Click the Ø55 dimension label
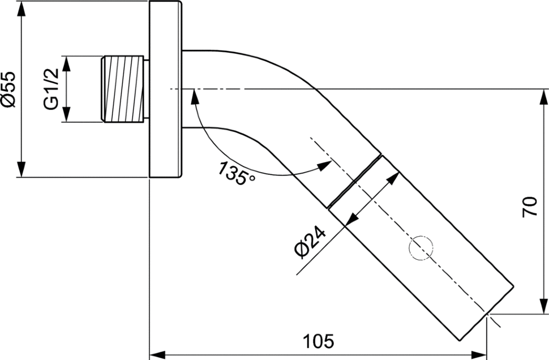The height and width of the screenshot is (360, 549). coord(8,89)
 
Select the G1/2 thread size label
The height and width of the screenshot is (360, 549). coord(51,89)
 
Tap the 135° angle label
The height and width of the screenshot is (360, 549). coord(236,173)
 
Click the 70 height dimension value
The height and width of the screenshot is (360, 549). coord(530,207)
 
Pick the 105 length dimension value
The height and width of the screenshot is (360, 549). coord(318,341)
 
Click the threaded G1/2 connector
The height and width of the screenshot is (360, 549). coord(123,89)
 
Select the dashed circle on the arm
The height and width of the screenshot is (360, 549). coord(421,248)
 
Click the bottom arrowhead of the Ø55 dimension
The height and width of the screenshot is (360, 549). coord(22,169)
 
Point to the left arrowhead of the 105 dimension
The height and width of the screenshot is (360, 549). coord(157,354)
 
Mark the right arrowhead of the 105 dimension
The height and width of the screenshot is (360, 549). coord(479,354)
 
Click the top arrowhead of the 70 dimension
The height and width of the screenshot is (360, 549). coord(543,97)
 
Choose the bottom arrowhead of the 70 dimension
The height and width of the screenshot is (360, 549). coord(543,306)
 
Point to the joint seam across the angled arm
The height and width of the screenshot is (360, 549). coord(354,181)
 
